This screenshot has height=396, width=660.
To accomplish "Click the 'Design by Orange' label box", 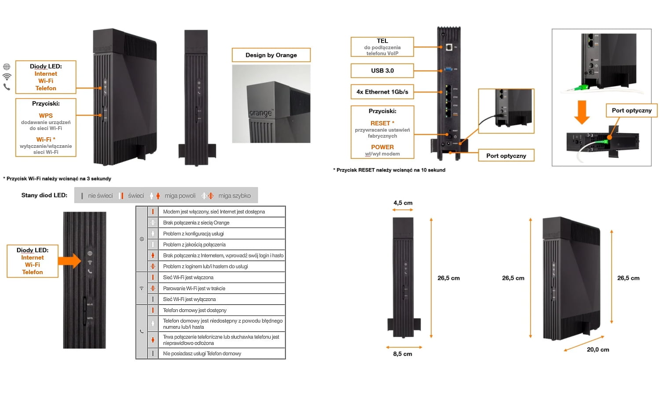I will pyautogui.click(x=271, y=55).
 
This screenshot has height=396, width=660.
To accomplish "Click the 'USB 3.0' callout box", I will pyautogui.click(x=382, y=70).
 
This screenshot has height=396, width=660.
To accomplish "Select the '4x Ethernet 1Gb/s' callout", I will pyautogui.click(x=382, y=92).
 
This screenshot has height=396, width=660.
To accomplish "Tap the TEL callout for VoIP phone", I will pyautogui.click(x=382, y=47).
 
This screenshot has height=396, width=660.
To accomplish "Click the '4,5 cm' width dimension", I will pyautogui.click(x=403, y=203).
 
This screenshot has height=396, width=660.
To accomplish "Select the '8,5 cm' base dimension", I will pyautogui.click(x=403, y=354).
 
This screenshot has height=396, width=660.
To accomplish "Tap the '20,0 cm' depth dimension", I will pyautogui.click(x=598, y=350).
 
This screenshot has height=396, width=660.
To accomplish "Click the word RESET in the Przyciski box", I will pyautogui.click(x=381, y=123).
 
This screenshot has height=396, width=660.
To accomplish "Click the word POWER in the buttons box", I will pyautogui.click(x=382, y=147).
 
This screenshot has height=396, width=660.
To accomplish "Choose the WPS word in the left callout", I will pyautogui.click(x=46, y=116).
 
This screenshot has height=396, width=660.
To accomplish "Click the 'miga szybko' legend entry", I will pyautogui.click(x=234, y=196).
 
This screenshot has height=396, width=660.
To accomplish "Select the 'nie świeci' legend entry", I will pyautogui.click(x=100, y=196).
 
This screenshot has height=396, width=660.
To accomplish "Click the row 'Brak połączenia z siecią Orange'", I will pyautogui.click(x=196, y=223).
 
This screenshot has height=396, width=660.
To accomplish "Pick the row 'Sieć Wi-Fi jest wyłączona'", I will pyautogui.click(x=190, y=299).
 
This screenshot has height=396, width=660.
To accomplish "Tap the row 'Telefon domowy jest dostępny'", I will pyautogui.click(x=195, y=310).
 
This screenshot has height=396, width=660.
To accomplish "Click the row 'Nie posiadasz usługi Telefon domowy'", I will pyautogui.click(x=202, y=353).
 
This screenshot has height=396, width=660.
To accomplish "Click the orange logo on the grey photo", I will pyautogui.click(x=260, y=113).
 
